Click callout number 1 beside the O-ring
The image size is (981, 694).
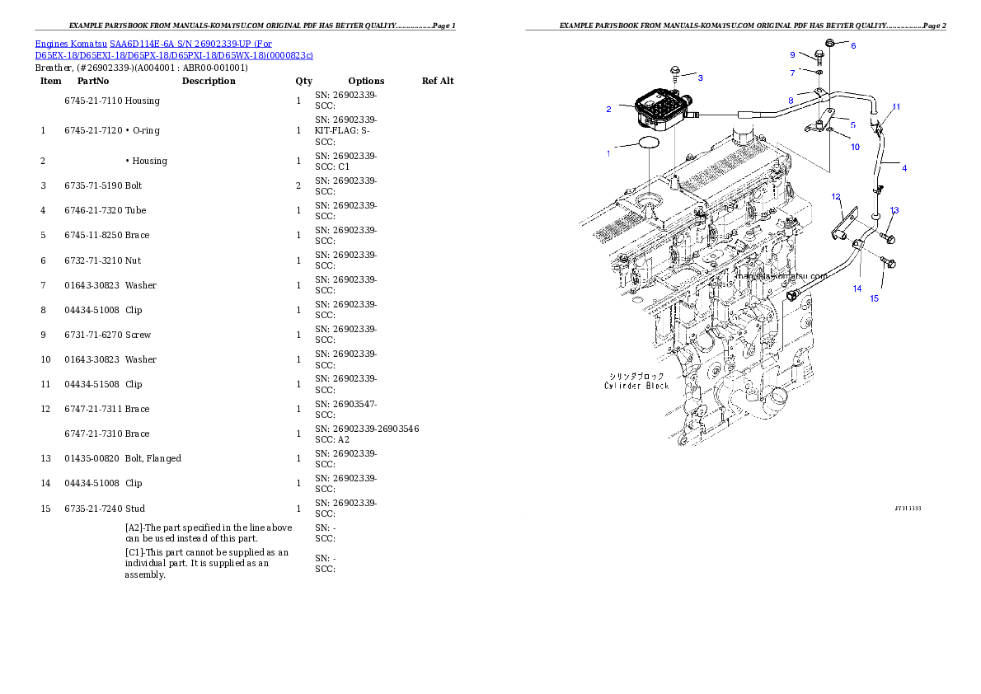608,153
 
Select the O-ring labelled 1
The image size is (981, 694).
649,143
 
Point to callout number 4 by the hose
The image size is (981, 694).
904,168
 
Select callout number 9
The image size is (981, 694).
792,54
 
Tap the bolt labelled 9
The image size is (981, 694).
819,56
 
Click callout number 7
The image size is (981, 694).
792,73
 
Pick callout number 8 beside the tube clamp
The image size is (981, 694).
790,101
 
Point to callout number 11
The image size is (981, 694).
896,107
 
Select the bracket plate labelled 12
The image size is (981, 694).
843,224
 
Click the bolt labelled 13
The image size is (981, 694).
887,238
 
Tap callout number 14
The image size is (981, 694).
857,288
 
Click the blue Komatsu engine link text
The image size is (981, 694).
173,49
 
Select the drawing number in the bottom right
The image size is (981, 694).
908,509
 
